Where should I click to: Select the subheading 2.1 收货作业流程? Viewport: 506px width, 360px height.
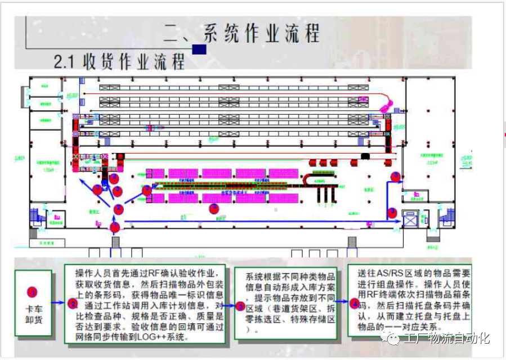[x=119, y=61]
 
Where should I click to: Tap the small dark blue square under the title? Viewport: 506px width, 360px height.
[x=199, y=49]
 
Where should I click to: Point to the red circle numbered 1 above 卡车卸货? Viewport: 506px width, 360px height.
[x=32, y=292]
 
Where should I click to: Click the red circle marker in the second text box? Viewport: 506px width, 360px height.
[x=73, y=304]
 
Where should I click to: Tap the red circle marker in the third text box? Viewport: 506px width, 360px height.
[x=240, y=307]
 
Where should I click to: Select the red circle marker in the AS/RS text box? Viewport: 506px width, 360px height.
[x=354, y=304]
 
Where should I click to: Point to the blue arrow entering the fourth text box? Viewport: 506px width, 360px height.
[x=343, y=302]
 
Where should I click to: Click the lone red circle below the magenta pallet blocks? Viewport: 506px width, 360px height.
[x=213, y=209]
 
